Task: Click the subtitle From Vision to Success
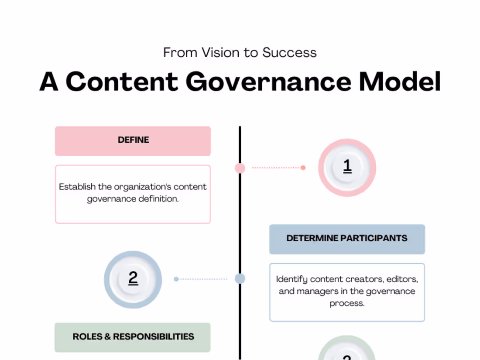click(240, 53)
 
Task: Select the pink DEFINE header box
click(133, 141)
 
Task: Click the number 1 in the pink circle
click(347, 166)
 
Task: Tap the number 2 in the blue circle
click(133, 278)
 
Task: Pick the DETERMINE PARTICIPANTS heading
click(347, 239)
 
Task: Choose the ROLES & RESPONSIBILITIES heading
click(133, 337)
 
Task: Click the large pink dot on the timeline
click(240, 168)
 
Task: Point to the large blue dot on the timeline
click(240, 278)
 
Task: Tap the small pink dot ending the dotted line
click(303, 168)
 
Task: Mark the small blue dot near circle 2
click(176, 279)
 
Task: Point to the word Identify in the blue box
click(291, 279)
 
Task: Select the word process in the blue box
click(347, 303)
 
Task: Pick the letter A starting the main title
click(49, 82)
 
